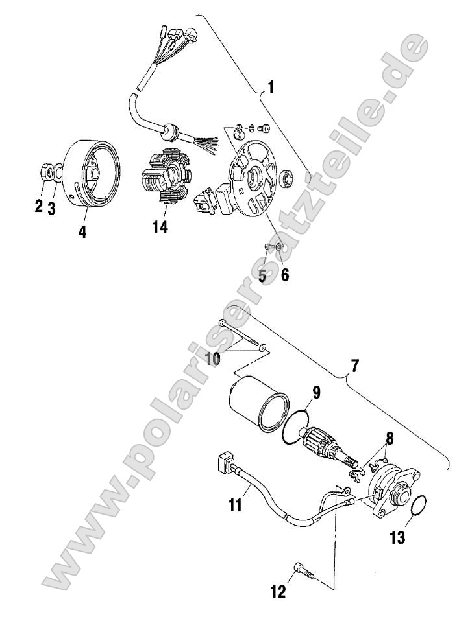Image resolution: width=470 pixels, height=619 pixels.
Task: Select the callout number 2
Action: click(x=38, y=207)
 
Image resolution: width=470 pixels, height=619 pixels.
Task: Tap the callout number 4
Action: click(x=82, y=231)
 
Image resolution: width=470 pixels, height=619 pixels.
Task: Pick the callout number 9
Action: click(x=317, y=391)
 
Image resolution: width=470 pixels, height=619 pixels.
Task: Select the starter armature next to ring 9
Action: click(x=325, y=447)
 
